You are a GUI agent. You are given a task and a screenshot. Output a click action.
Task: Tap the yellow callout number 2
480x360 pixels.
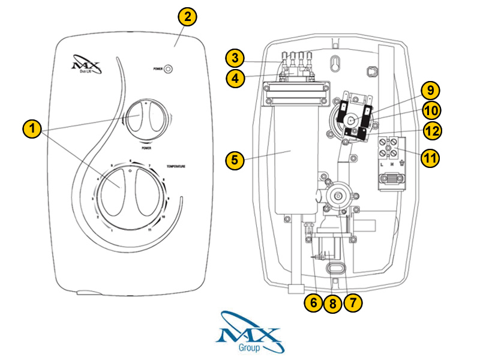188,17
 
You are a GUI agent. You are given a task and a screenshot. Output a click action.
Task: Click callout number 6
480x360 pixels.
313,303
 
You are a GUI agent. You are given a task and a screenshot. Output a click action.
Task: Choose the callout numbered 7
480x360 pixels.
352,303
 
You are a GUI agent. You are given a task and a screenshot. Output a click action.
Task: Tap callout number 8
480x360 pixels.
332,304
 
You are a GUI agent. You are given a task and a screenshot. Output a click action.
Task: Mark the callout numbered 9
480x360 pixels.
430,91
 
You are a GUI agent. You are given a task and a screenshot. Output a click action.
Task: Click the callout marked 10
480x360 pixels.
430,110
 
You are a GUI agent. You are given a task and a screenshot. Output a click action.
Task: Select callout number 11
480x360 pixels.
430,158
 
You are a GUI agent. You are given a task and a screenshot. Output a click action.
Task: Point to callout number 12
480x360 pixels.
430,130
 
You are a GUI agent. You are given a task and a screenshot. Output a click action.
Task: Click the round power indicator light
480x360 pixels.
169,69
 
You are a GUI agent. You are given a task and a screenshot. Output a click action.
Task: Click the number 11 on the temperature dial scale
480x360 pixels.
149,229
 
